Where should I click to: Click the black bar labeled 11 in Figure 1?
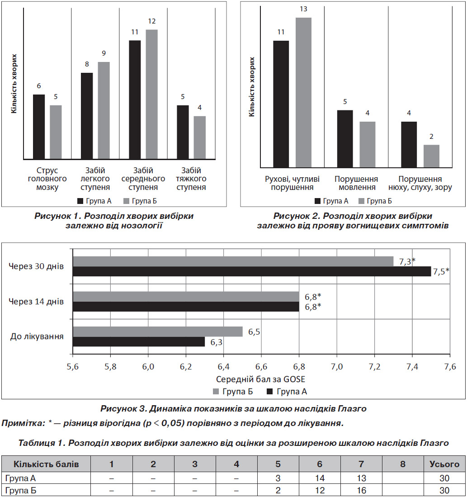pos(135,99)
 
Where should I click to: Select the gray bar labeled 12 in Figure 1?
pos(152,94)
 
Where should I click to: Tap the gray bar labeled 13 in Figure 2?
pos(303,92)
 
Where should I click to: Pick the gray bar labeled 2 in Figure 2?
pos(431,156)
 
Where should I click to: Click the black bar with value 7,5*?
pos(252,271)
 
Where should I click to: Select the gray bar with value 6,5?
pos(158,331)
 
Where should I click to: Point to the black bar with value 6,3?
pos(139,342)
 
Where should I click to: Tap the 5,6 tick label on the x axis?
pos(72,367)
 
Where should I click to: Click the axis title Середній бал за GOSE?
pos(260,379)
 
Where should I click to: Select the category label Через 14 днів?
pos(36,302)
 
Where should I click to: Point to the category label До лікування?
pos(37,336)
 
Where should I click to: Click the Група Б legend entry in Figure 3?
pos(233,392)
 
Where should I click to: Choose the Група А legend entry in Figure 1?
pos(94,201)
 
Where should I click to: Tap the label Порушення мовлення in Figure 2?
pos(356,183)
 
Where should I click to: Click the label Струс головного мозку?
pos(47,179)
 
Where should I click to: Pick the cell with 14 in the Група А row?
pos(320,478)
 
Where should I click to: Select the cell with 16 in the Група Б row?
pos(361,490)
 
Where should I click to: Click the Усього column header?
pos(444,464)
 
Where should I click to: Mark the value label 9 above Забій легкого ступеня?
pos(104,53)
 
